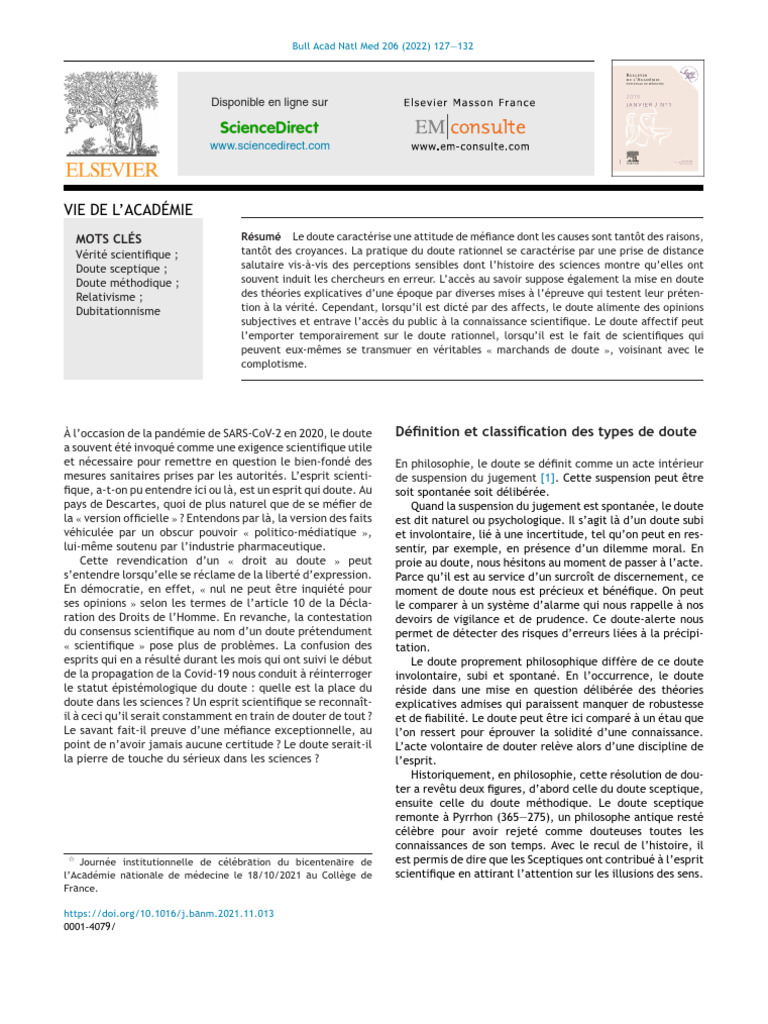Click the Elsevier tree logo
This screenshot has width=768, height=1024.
[x=111, y=114]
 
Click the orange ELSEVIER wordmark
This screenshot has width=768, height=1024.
[x=111, y=170]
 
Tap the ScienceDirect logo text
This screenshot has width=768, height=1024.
[x=269, y=127]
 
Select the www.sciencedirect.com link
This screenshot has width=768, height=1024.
[x=269, y=146]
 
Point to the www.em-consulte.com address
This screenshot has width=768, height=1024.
[x=469, y=147]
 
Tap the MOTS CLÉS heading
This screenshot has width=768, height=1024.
[x=109, y=239]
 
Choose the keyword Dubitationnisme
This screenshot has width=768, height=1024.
[x=118, y=312]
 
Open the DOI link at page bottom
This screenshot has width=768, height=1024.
[x=168, y=913]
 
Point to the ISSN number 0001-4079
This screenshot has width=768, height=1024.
[x=87, y=927]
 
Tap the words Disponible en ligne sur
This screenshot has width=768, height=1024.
[x=269, y=102]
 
